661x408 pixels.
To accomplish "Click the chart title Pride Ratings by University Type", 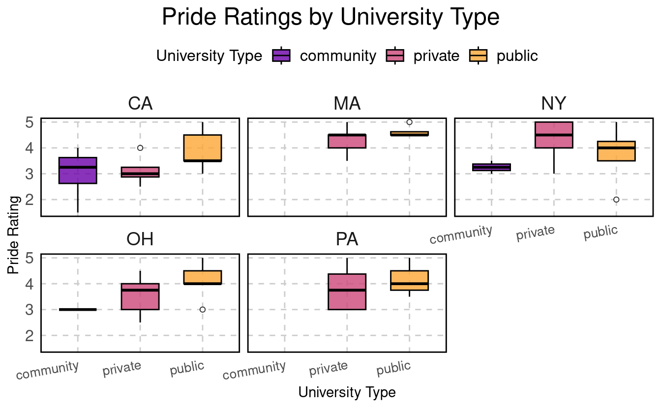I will [x=330, y=18].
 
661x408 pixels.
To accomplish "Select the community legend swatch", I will [x=281, y=56].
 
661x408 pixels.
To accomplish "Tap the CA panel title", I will [x=140, y=104].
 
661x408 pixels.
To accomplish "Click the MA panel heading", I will [x=347, y=104].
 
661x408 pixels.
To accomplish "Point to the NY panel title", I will [x=554, y=104].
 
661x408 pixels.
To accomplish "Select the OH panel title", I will [x=140, y=239].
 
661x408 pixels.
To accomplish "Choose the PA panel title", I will [x=347, y=239].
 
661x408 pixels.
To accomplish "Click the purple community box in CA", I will [x=78, y=171].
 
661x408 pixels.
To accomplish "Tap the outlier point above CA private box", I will [x=140, y=148].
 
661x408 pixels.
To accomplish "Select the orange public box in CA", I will [x=203, y=148].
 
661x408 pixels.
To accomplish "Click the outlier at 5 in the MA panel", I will [x=409, y=122].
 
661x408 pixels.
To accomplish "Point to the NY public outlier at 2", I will [x=616, y=200].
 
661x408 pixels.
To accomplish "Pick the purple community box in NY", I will [x=492, y=167].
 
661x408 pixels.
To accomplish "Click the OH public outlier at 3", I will [x=203, y=310].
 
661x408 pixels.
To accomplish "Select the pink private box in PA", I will [x=347, y=291].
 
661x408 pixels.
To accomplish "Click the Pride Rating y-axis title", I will [x=14, y=235].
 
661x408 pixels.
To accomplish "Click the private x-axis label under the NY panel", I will [x=536, y=233].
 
